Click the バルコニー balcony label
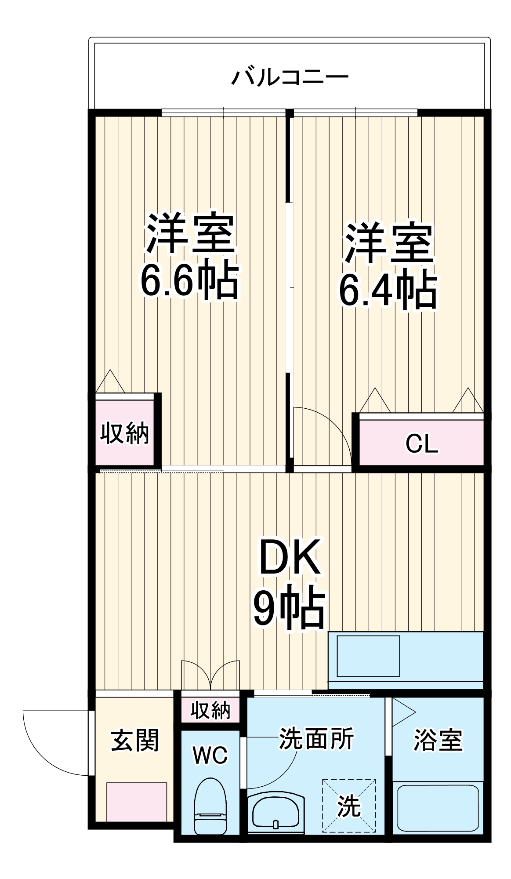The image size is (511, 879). point(290,77)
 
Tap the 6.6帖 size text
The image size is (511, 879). point(189,281)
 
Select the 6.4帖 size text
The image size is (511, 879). point(388,290)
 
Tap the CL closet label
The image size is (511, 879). point(421,444)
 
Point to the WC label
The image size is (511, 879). point(210,755)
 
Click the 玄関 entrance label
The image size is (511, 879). point(134,741)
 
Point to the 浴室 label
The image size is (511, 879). point(438,741)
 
